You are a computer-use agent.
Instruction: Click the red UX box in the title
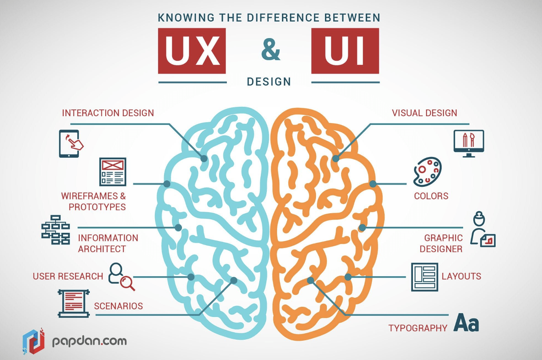coord(192,51)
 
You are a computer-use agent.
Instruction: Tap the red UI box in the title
coord(345,51)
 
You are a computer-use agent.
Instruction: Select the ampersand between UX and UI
coord(271,49)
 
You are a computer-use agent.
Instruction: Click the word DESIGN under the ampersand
coord(269,82)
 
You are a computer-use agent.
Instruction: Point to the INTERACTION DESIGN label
coord(108,113)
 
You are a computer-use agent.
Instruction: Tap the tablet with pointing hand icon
coord(70,143)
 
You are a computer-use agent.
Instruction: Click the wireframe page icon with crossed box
coord(112,172)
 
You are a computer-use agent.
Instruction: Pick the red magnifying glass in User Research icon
coord(127,283)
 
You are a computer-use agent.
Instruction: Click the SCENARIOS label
coord(118,306)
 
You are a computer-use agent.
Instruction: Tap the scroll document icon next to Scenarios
coord(74,303)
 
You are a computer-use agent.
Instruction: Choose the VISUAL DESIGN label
coord(424,113)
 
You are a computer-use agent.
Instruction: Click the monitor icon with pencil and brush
coord(468,143)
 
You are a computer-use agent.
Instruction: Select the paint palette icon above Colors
coord(427,172)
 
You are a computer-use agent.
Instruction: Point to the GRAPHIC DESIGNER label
coord(442,243)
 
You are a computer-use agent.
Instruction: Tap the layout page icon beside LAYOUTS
coord(424,277)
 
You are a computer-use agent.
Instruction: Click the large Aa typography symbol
coord(466,323)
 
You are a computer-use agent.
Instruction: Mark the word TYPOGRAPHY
coord(417,328)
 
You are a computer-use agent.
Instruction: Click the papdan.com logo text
coord(89,341)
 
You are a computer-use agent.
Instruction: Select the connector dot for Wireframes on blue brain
coord(167,184)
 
